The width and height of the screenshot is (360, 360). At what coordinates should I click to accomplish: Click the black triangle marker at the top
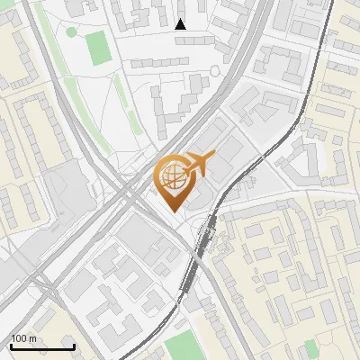(x=181, y=24)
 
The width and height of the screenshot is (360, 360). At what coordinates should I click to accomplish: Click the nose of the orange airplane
(x=214, y=157)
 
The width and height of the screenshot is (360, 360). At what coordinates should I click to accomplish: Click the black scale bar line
(x=42, y=346)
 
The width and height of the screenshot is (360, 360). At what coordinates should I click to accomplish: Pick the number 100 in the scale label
(x=19, y=338)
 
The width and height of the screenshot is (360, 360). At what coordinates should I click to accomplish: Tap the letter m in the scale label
(x=32, y=338)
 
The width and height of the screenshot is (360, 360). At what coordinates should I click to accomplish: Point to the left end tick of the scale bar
(x=11, y=345)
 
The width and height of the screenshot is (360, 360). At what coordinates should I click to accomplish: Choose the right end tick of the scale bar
(x=74, y=345)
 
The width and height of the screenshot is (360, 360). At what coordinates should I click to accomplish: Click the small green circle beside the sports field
(x=71, y=31)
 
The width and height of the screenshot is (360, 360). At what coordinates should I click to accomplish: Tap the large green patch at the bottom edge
(x=184, y=346)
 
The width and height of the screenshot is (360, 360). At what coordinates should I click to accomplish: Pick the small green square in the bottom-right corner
(x=310, y=348)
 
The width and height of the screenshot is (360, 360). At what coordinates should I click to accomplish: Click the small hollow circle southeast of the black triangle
(x=214, y=70)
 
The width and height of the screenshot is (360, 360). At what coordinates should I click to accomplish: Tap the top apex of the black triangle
(x=181, y=19)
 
